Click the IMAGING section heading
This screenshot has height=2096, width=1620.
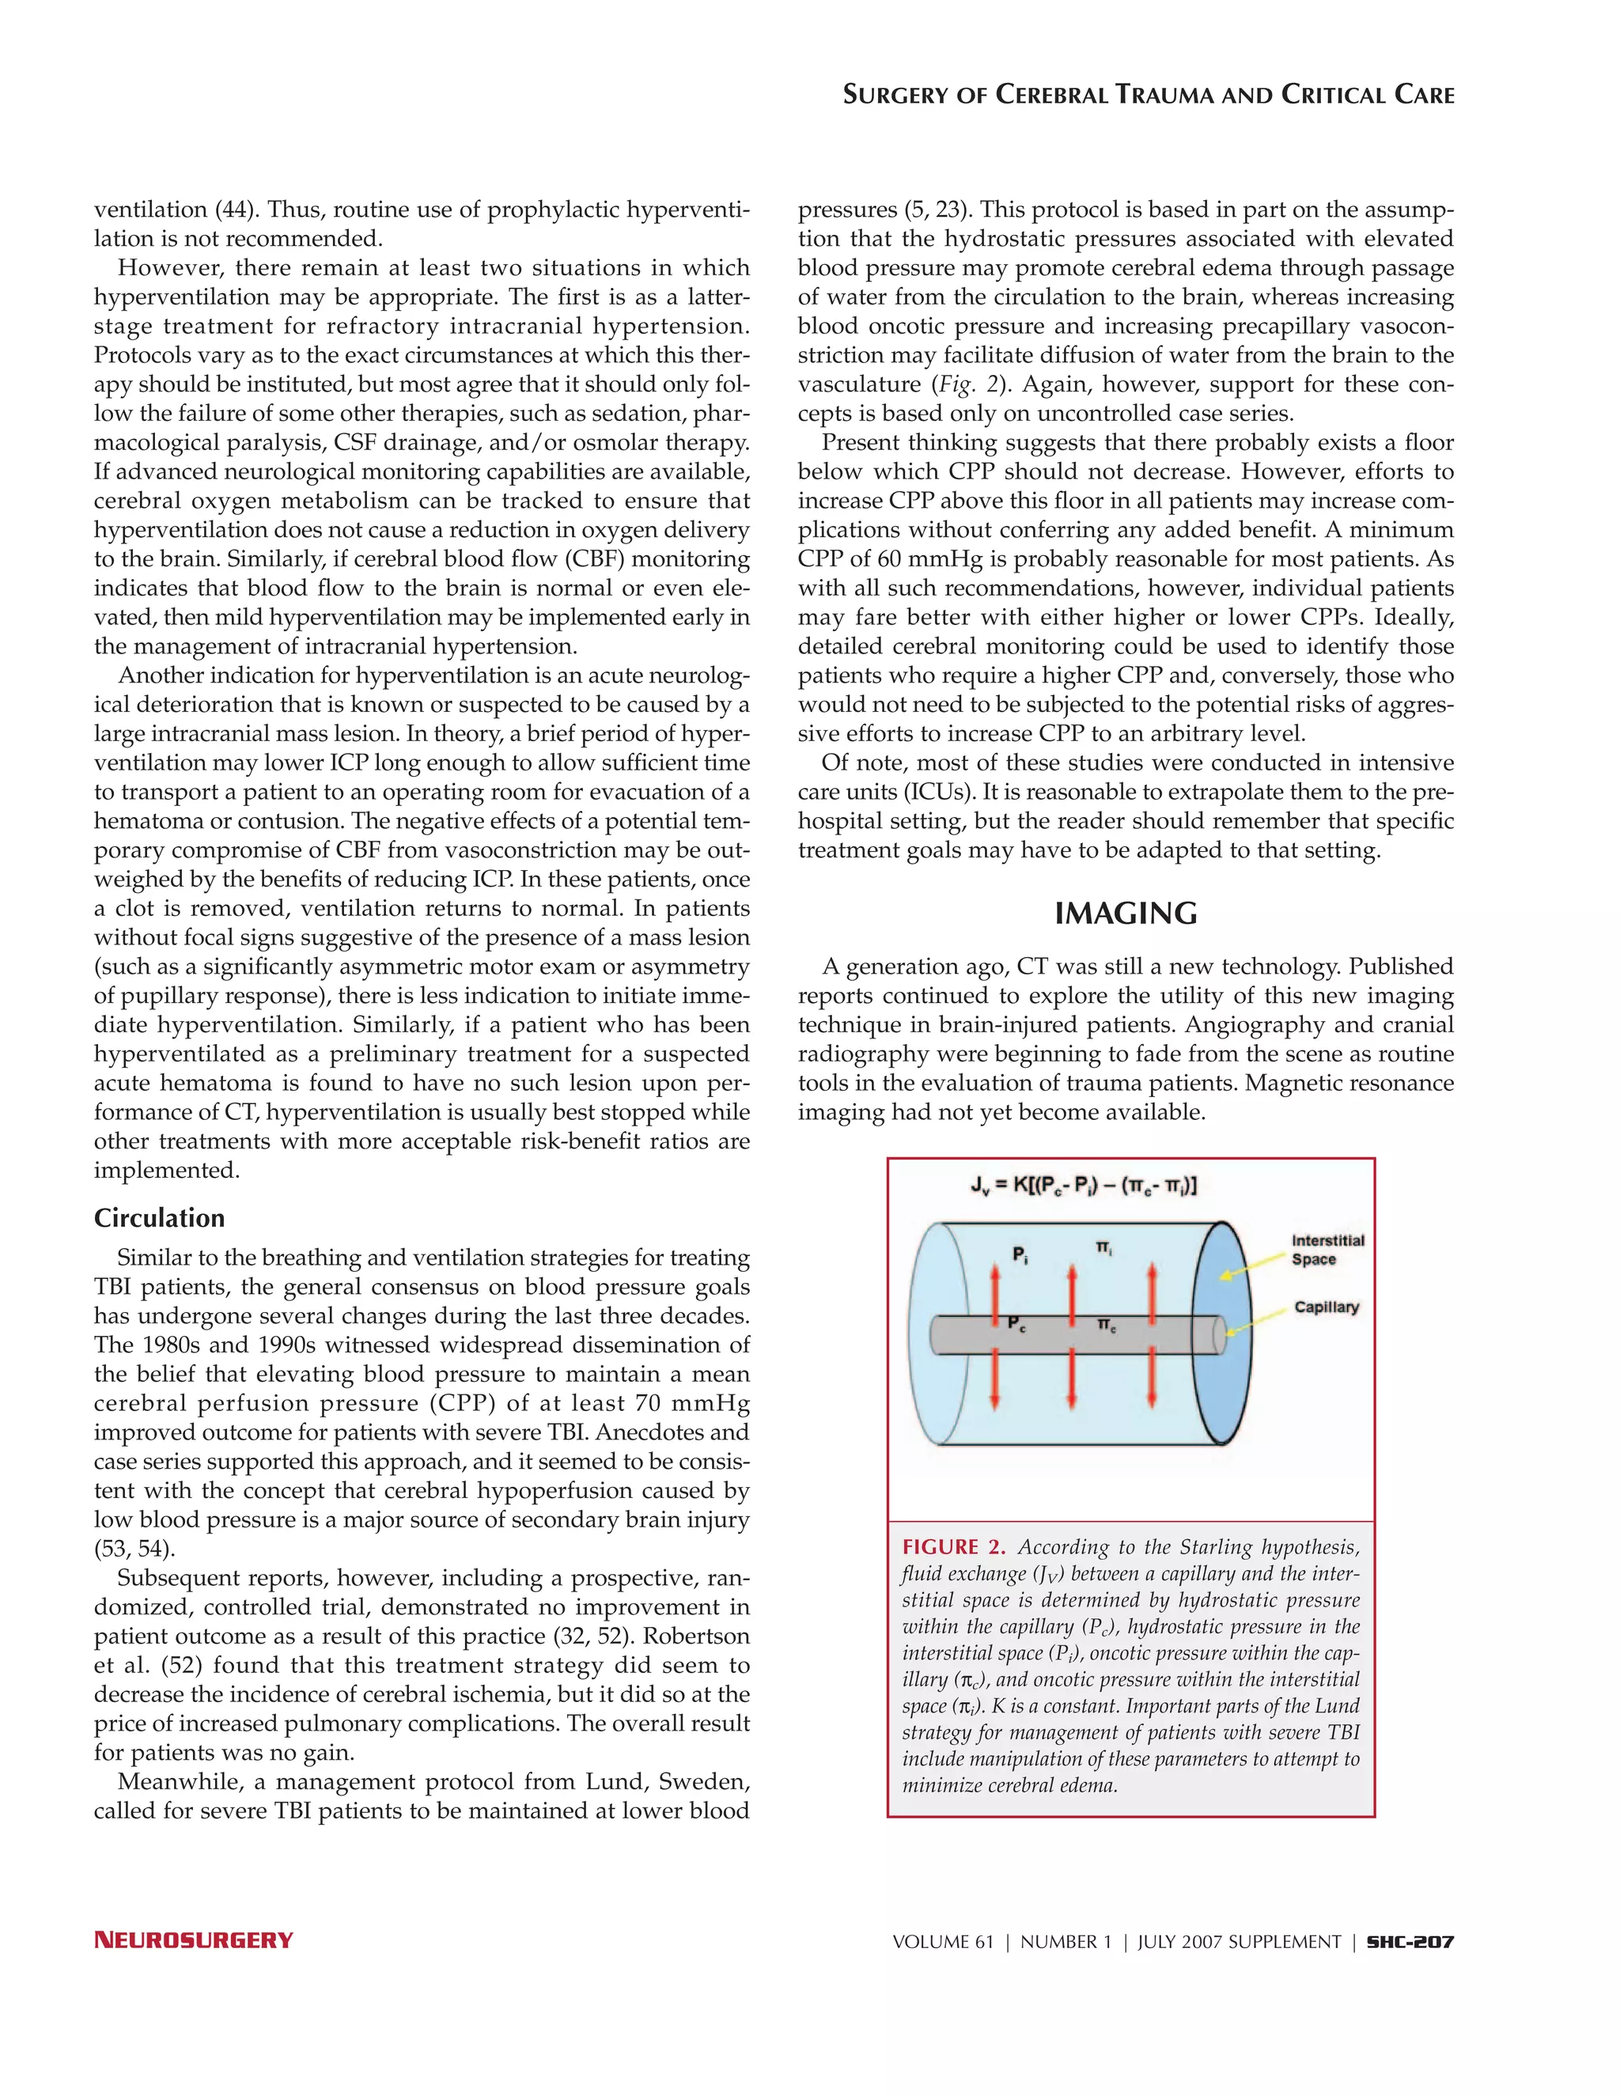click(x=1126, y=914)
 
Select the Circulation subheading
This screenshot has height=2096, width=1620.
click(x=159, y=1218)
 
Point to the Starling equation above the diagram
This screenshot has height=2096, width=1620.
click(x=1081, y=1187)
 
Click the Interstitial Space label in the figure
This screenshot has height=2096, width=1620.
click(x=1327, y=1250)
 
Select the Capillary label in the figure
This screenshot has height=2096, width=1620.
click(x=1327, y=1307)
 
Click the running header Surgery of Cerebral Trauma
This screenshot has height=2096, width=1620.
click(x=1148, y=95)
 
